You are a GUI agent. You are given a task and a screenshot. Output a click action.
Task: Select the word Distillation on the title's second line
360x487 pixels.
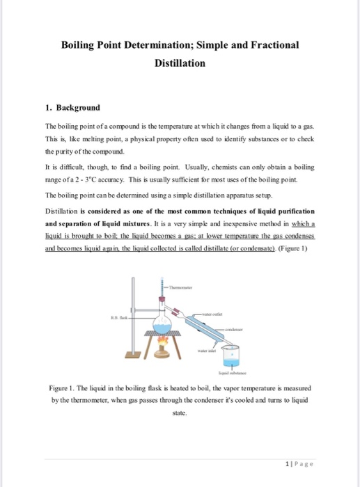180,63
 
